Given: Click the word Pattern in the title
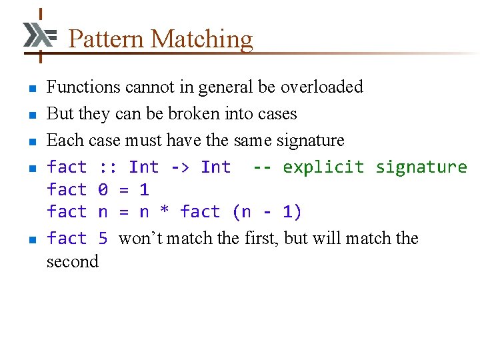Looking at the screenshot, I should pyautogui.click(x=107, y=39).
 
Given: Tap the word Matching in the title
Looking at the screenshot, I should pyautogui.click(x=202, y=39).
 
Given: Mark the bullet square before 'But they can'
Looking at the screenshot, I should pyautogui.click(x=31, y=115).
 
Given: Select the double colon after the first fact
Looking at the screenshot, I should pyautogui.click(x=108, y=167).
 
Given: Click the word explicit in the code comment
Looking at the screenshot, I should pyautogui.click(x=324, y=167).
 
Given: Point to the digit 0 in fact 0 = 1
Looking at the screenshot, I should pyautogui.click(x=103, y=190).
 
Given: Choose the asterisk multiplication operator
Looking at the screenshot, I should pyautogui.click(x=165, y=213).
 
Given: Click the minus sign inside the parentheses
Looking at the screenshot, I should pyautogui.click(x=267, y=213).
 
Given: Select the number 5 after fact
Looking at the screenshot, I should pyautogui.click(x=103, y=239).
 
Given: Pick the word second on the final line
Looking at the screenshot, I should pyautogui.click(x=72, y=261).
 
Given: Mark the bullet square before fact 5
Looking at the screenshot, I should pyautogui.click(x=31, y=240).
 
